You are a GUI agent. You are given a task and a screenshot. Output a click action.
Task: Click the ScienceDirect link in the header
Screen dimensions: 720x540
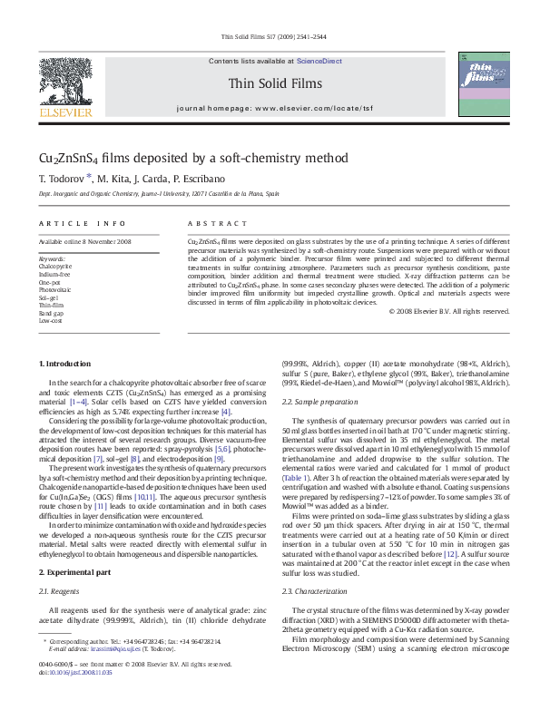click(x=319, y=60)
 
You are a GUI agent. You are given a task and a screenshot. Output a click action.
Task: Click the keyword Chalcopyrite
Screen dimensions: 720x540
click(x=56, y=267)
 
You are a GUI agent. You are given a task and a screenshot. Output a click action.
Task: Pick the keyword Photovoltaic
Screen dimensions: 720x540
click(x=56, y=289)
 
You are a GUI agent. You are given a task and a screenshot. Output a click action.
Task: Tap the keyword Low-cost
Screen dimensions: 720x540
click(x=51, y=320)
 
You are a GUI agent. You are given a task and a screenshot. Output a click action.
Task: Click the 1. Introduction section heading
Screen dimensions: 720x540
click(x=64, y=364)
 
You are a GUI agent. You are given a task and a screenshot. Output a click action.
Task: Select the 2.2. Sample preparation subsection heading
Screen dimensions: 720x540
click(x=318, y=401)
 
